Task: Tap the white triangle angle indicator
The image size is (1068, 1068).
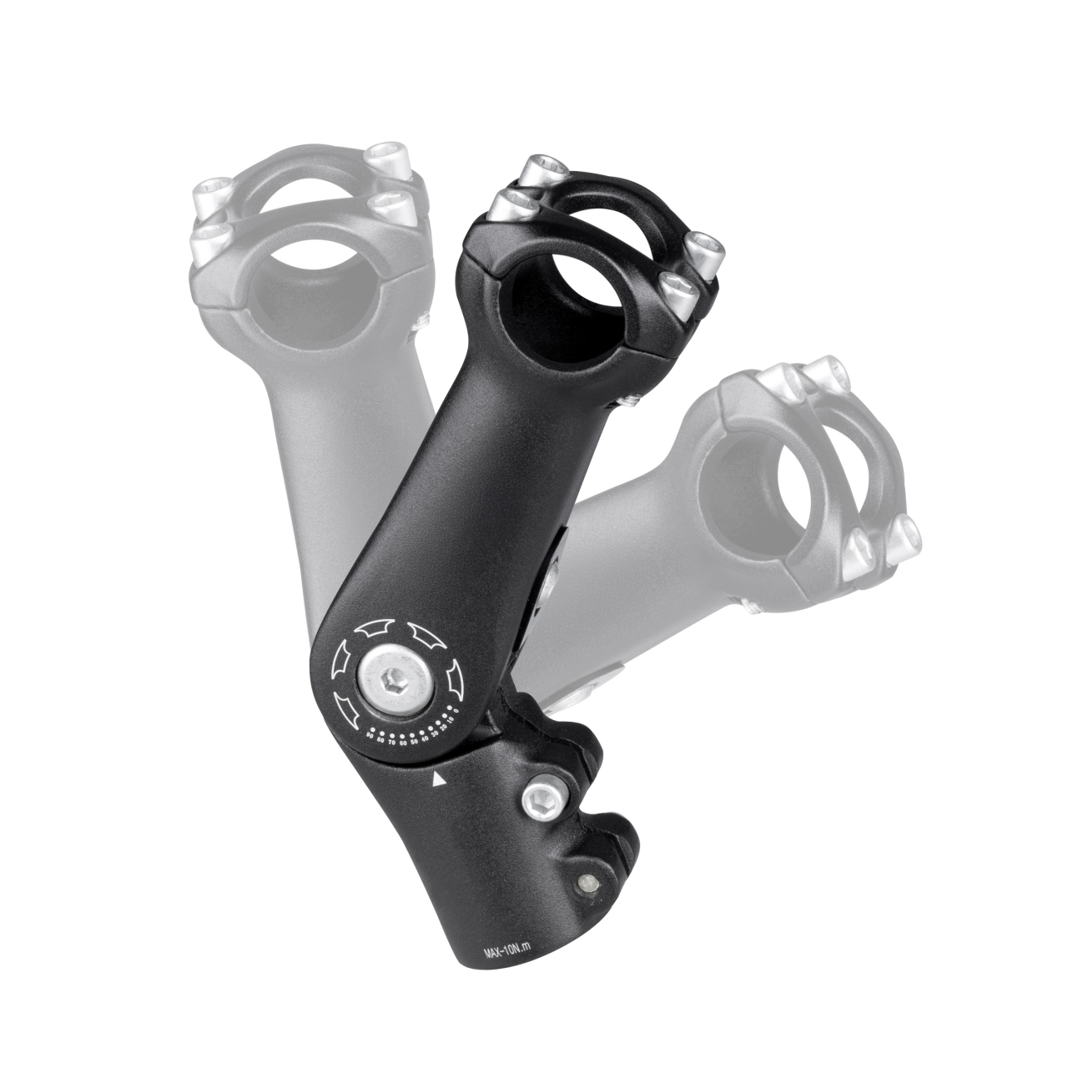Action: [436, 781]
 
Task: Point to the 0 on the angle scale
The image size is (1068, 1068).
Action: [456, 710]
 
